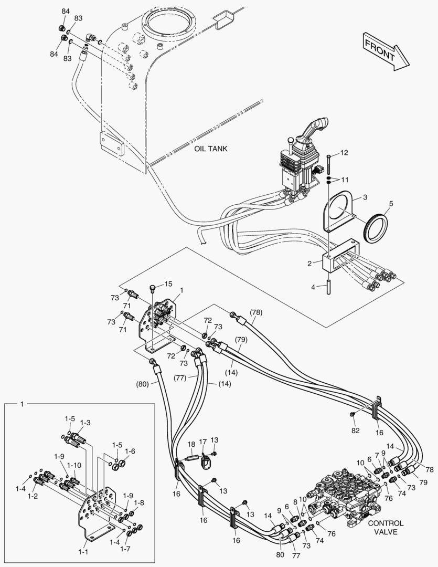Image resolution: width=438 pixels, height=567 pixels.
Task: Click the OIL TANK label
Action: pyautogui.click(x=211, y=149)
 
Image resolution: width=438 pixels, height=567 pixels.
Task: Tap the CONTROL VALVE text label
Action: pyautogui.click(x=386, y=527)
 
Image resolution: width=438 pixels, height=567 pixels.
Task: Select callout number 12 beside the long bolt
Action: pyautogui.click(x=344, y=153)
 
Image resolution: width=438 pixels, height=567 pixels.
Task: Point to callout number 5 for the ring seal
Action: pyautogui.click(x=390, y=203)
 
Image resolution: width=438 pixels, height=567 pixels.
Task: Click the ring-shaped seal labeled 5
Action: pyautogui.click(x=376, y=225)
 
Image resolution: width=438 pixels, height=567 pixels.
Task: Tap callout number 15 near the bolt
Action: pyautogui.click(x=168, y=284)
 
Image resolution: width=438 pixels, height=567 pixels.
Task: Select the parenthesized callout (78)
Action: pyautogui.click(x=255, y=312)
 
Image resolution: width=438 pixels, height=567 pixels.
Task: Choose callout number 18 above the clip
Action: pyautogui.click(x=191, y=444)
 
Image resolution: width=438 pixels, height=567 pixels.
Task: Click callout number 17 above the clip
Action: pyautogui.click(x=202, y=442)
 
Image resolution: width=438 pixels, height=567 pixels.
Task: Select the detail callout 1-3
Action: pyautogui.click(x=85, y=423)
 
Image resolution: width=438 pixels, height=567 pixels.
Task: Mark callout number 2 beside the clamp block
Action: pyautogui.click(x=310, y=262)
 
